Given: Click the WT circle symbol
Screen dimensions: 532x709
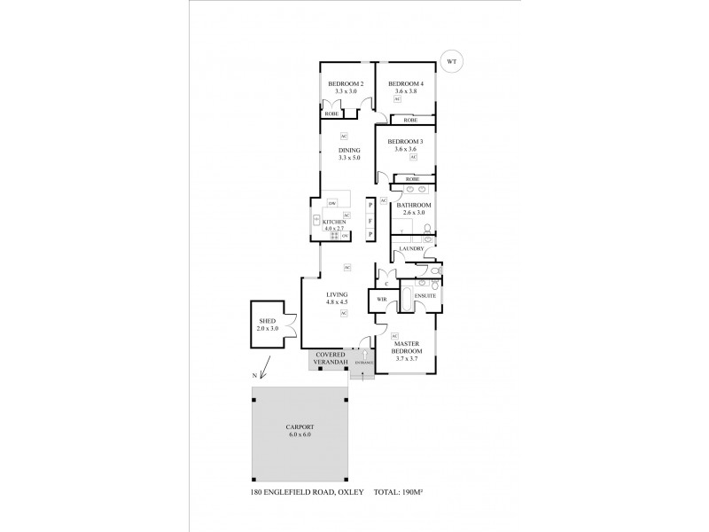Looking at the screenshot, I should (x=453, y=62).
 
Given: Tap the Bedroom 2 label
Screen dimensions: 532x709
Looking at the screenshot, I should (x=339, y=83).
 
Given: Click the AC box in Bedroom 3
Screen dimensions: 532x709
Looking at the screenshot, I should (x=413, y=158).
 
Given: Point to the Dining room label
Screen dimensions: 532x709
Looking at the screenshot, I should (x=349, y=150).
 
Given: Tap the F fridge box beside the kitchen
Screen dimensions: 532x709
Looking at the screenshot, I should (x=371, y=219).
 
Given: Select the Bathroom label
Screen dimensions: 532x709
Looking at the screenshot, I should (x=413, y=205).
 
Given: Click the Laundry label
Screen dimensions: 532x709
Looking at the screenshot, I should (x=412, y=249).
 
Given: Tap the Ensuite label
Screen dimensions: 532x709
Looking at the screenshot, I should (x=426, y=295).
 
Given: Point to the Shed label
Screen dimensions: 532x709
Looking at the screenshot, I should (x=268, y=321).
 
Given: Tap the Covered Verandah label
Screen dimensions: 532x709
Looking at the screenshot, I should (x=330, y=359).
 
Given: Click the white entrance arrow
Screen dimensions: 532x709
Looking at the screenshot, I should (x=364, y=354).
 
